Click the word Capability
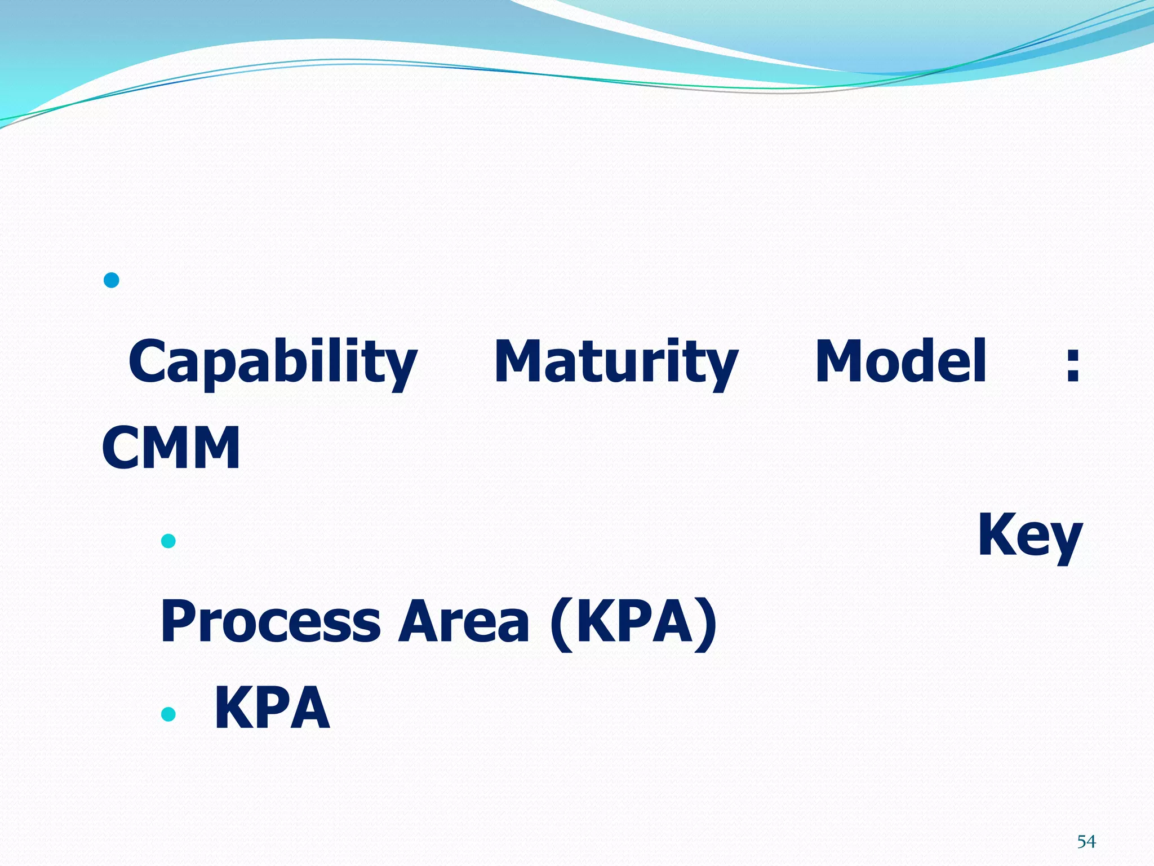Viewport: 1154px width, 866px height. coord(273,363)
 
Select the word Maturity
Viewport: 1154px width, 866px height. coord(616,363)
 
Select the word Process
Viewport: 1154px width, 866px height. coord(271,621)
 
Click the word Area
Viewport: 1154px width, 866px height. coord(463,621)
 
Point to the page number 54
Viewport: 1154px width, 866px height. coord(1086,842)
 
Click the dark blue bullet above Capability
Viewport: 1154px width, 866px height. coord(112,280)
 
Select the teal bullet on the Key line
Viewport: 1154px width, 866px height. coord(168,541)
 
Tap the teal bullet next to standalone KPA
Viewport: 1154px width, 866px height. coord(168,714)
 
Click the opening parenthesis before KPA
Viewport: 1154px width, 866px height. coord(561,624)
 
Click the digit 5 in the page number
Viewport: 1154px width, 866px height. coord(1081,842)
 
